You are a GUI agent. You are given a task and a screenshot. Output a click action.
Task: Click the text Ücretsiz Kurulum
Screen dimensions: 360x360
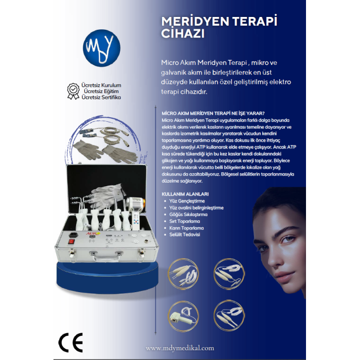101,85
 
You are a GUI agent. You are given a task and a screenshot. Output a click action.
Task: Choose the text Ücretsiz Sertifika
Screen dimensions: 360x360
101,97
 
